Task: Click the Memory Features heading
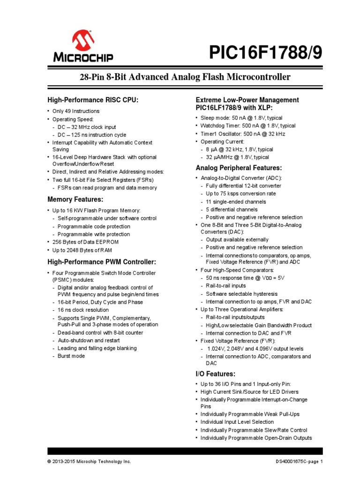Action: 75,200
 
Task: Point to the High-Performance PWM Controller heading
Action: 101,262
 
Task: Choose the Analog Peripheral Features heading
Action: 238,168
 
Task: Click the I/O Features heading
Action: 215,374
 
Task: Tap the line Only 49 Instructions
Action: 75,111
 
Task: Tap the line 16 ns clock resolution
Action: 83,310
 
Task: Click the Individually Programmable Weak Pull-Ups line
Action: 249,414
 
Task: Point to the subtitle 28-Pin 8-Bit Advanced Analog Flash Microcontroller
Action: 180,77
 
